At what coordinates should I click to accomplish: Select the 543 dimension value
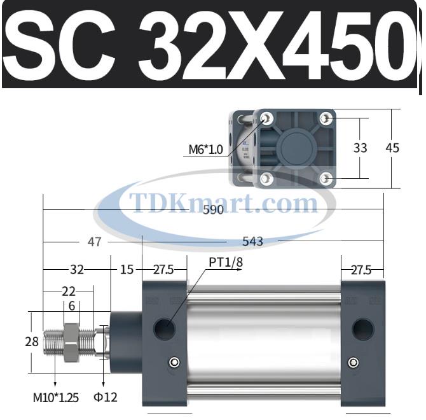(x=252, y=242)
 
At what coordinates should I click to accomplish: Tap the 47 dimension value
(x=94, y=242)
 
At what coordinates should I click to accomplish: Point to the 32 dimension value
(x=77, y=269)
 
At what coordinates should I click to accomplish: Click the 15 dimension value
(x=127, y=269)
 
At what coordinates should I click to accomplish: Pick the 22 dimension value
(x=69, y=291)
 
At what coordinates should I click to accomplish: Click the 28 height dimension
(x=13, y=342)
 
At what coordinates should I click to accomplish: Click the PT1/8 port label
(x=225, y=262)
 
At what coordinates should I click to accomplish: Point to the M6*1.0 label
(x=206, y=150)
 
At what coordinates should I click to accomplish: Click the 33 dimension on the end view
(x=361, y=148)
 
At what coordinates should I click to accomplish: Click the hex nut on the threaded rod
(x=70, y=341)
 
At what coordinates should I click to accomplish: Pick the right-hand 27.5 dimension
(x=360, y=269)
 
